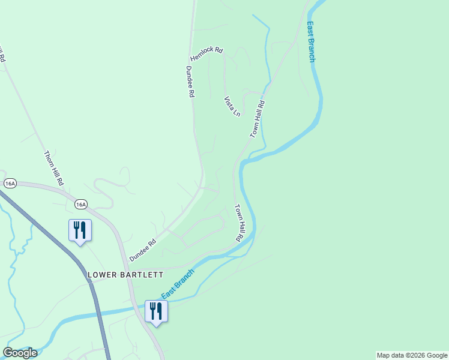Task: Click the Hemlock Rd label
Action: click(x=206, y=55)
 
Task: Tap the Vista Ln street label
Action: click(x=232, y=106)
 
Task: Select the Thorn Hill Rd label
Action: click(x=53, y=167)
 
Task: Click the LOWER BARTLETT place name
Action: click(x=125, y=275)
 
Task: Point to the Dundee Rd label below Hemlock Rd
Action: click(x=190, y=82)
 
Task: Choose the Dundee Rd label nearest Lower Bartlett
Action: click(x=143, y=250)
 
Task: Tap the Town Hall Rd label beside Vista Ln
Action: click(x=258, y=119)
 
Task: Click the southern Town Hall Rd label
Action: click(x=238, y=223)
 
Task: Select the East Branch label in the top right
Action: click(x=311, y=42)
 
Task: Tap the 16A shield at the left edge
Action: click(x=9, y=182)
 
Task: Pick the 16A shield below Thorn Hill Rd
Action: click(x=81, y=205)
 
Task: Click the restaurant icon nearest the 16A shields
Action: click(x=80, y=230)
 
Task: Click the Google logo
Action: click(x=20, y=353)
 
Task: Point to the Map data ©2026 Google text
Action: click(x=412, y=355)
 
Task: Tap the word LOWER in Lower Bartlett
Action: click(x=102, y=275)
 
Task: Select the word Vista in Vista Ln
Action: click(x=229, y=102)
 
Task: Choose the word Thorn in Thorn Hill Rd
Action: click(x=48, y=157)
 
